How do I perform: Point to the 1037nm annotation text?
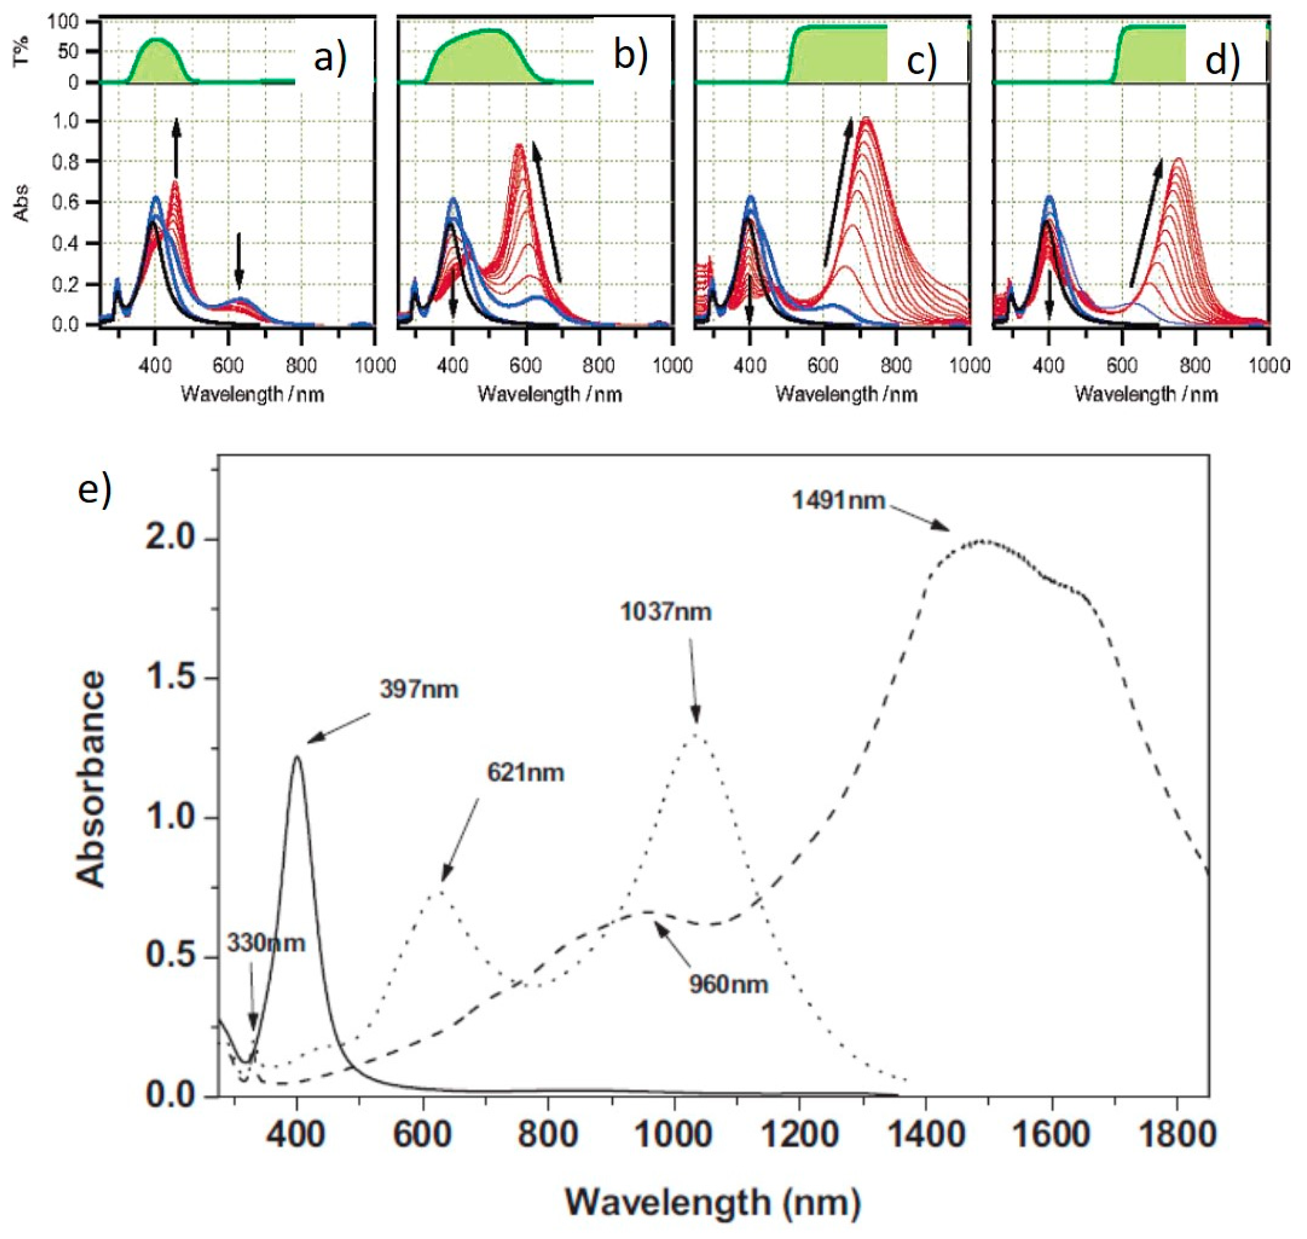pos(666,612)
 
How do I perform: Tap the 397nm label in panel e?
pos(419,690)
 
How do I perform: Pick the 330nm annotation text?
pos(266,943)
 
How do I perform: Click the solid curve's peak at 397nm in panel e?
pos(297,758)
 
